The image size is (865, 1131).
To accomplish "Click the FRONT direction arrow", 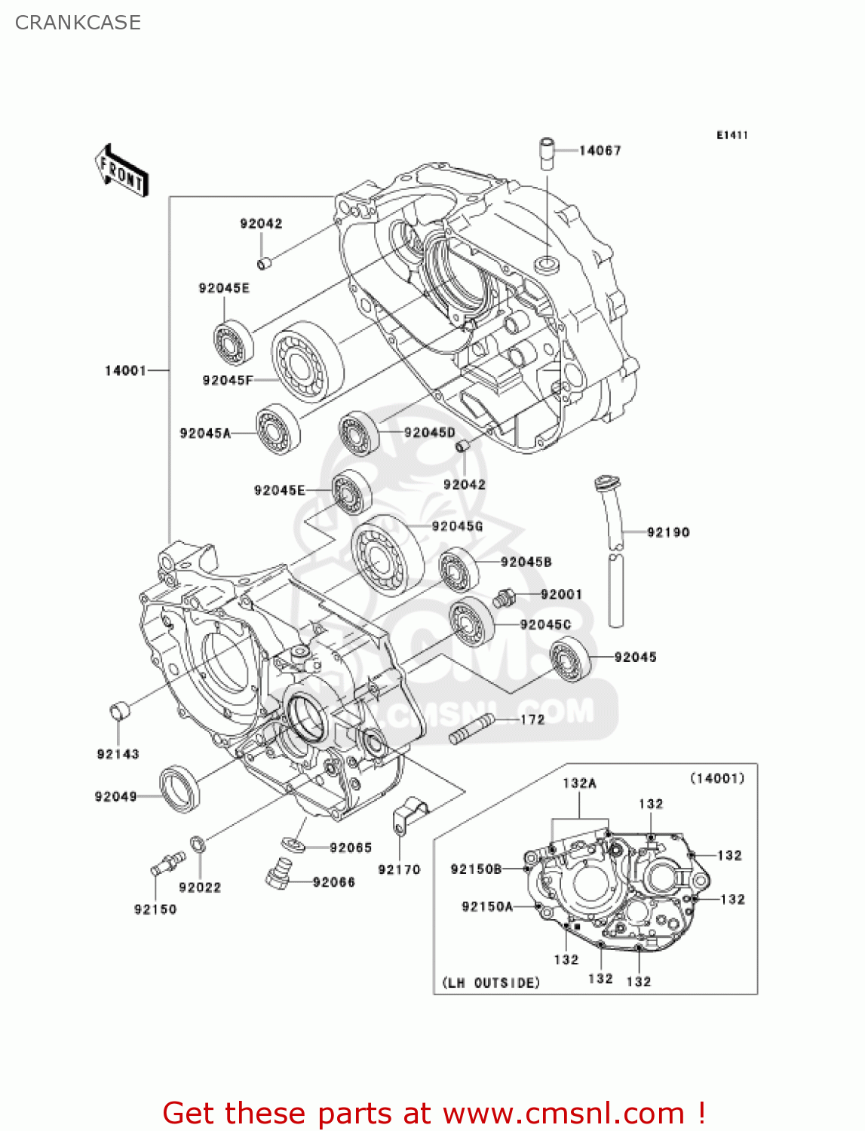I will (x=121, y=171).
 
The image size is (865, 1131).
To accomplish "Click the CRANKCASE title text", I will (x=78, y=23).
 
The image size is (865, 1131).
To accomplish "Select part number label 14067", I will (x=600, y=151).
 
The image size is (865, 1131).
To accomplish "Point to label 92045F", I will (x=226, y=380).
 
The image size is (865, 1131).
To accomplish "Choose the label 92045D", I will (x=430, y=433).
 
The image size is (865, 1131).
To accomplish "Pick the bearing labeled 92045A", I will (x=278, y=430).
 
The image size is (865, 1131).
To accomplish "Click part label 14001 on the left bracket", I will (x=125, y=370).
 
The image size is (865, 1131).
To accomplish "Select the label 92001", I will (x=561, y=594).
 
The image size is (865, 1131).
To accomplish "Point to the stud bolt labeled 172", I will (x=471, y=729).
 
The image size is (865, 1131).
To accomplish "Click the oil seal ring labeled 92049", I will (x=181, y=789).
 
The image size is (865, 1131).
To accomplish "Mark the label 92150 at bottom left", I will (x=155, y=909).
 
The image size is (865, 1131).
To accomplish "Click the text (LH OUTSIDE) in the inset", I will (x=491, y=983).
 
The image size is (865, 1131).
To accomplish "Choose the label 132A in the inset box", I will (x=579, y=783).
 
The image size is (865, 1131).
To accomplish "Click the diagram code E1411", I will (x=732, y=135).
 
